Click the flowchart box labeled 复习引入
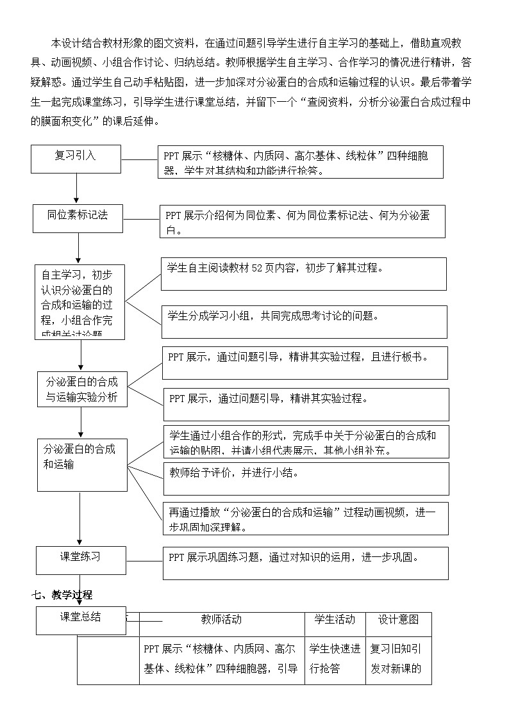coord(76,159)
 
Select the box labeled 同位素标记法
coord(78,218)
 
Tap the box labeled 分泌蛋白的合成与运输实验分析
coord(81,389)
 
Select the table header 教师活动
coord(221,619)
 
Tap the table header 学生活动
coord(335,619)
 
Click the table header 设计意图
coord(398,619)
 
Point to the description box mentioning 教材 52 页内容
coord(304,273)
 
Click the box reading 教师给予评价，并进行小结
coord(305,478)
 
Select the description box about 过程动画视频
coord(305,518)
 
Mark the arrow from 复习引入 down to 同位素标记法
coord(76,189)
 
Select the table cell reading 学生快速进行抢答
coord(335,658)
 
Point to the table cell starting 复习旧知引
coord(398,658)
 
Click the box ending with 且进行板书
coord(305,362)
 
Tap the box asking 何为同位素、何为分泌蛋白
coord(302,222)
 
